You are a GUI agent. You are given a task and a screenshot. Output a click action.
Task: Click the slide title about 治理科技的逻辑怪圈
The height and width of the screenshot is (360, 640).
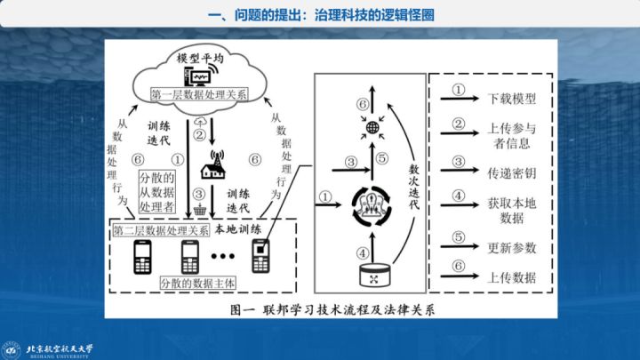[x=319, y=14]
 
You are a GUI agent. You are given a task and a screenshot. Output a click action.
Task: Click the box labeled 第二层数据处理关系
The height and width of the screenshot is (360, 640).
[x=161, y=229]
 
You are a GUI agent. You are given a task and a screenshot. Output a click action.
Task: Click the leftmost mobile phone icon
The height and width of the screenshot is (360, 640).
[x=141, y=257]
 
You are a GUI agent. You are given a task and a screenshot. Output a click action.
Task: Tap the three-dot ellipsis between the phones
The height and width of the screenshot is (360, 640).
[x=225, y=260]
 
